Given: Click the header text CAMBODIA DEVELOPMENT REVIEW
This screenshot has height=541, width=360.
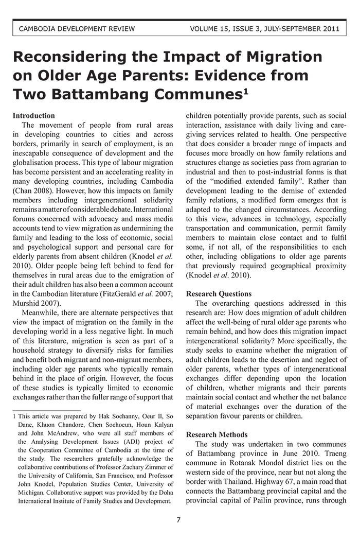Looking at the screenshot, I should point(77,29).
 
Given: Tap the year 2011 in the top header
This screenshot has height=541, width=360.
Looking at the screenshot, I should point(330,29).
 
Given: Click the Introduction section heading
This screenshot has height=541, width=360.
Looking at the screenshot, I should point(33,116).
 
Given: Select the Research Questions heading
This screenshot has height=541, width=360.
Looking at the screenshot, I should point(219,294).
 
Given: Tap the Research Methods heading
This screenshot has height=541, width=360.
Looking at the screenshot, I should point(217,434).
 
